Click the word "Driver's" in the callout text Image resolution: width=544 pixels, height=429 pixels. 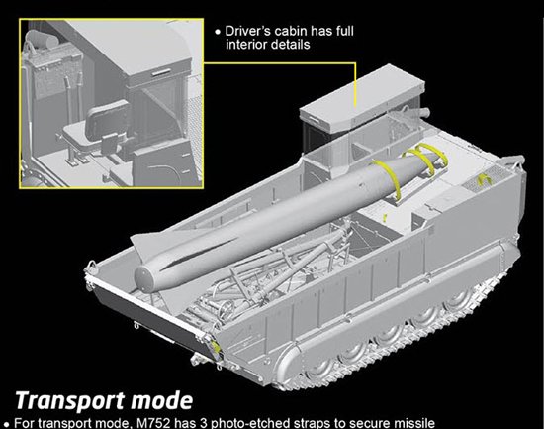tap(247, 31)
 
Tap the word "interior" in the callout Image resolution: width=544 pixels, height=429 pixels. tap(246, 45)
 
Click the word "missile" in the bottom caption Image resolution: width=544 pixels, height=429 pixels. tap(413, 423)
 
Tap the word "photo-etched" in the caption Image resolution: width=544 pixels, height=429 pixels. tap(242, 423)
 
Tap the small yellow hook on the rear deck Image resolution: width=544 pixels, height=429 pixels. tap(484, 179)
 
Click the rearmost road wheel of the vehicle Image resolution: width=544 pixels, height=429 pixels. tap(460, 302)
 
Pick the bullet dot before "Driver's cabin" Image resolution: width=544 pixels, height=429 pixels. tap(218, 32)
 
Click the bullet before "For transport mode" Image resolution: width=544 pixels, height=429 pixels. tap(7, 424)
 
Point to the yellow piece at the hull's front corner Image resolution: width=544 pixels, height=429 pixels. tap(216, 346)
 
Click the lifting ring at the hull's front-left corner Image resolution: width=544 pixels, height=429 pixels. tap(91, 265)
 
